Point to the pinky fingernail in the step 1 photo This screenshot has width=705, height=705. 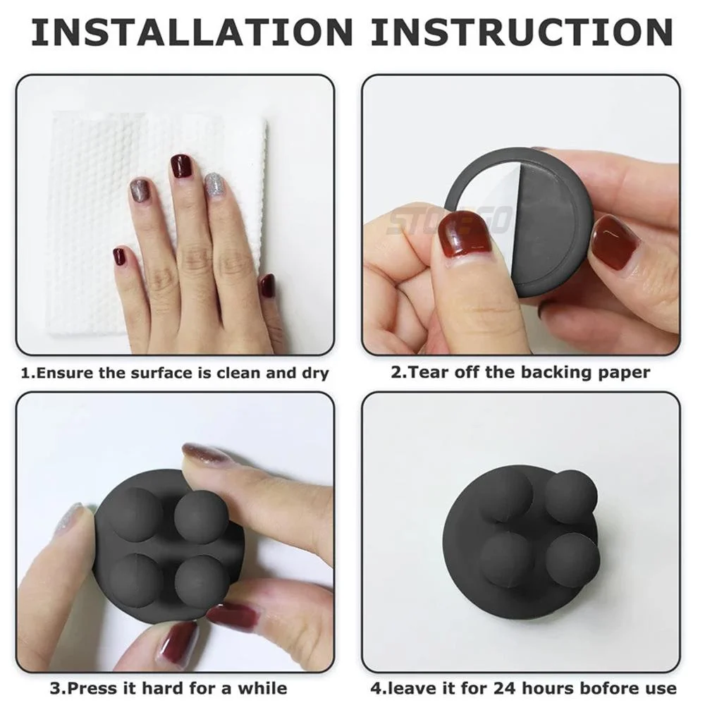click(x=267, y=286)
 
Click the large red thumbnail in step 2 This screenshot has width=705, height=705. click(x=465, y=236)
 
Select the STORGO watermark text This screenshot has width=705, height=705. click(x=451, y=220)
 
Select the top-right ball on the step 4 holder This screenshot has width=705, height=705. click(x=571, y=497)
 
